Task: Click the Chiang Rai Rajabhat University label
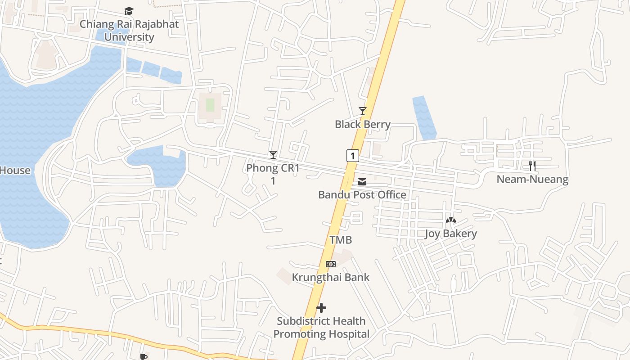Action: click(129, 31)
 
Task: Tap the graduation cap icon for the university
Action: click(129, 11)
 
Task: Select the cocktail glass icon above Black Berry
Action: click(362, 111)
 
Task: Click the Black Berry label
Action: click(362, 124)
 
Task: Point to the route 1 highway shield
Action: click(353, 156)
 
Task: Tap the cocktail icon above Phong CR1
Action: click(273, 155)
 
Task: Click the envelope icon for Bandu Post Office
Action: click(362, 182)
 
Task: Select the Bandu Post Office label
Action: click(362, 195)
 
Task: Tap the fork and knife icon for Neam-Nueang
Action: click(532, 166)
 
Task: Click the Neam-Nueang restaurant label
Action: click(532, 180)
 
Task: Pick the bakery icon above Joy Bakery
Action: click(450, 220)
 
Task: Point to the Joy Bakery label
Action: click(450, 234)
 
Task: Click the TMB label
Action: click(341, 240)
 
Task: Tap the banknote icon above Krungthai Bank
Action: click(331, 264)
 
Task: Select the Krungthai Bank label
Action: click(331, 277)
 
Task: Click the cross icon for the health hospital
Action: click(321, 308)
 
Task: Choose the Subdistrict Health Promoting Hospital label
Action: click(321, 328)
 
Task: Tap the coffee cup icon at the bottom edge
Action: click(144, 357)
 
